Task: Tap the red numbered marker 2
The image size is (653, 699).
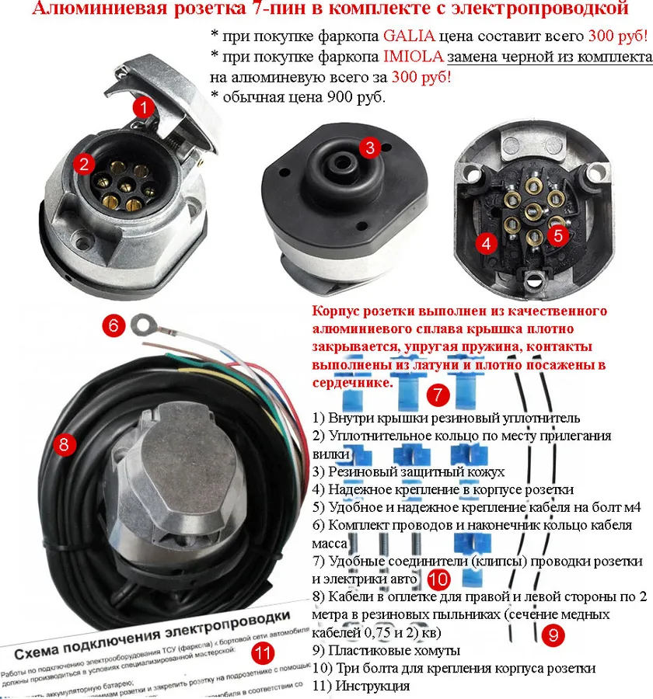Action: click(83, 162)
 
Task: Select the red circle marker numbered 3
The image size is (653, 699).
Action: click(370, 146)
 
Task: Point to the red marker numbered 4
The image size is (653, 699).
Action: click(487, 243)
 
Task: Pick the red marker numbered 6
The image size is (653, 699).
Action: click(113, 325)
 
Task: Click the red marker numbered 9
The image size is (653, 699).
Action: click(551, 635)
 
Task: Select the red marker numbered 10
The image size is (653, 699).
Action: click(438, 579)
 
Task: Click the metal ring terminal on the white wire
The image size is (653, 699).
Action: click(142, 322)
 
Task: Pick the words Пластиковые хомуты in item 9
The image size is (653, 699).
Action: click(394, 649)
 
